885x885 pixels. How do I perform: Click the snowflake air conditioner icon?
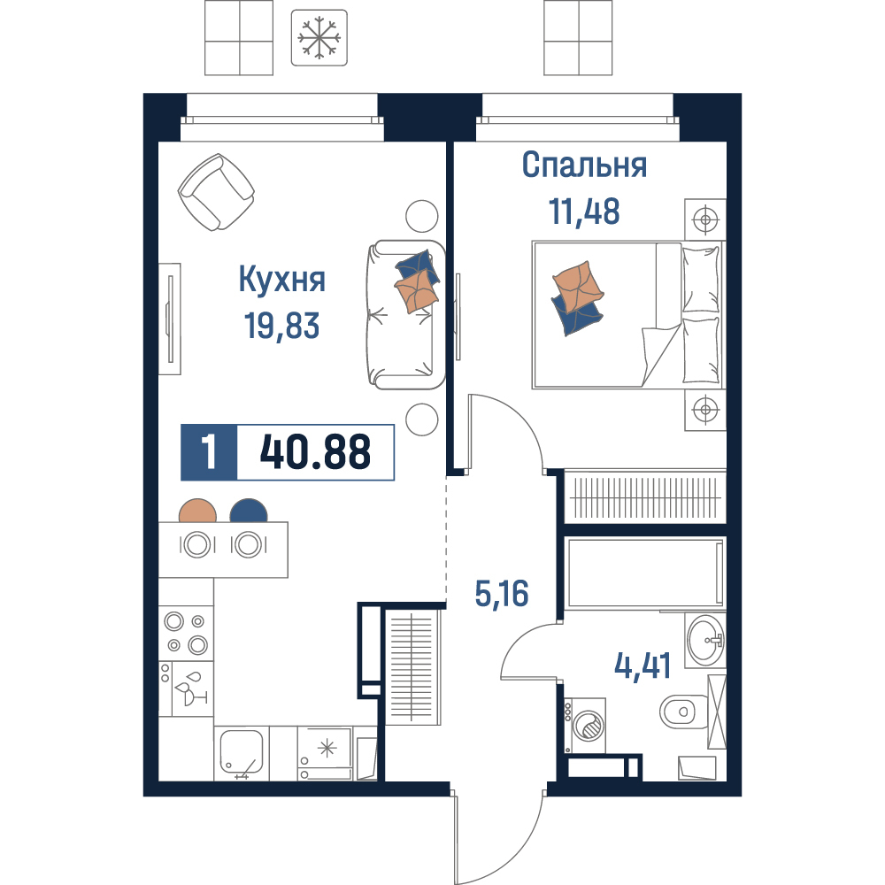[x=319, y=38]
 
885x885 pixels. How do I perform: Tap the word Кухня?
[x=282, y=279]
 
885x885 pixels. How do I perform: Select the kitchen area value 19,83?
[x=281, y=326]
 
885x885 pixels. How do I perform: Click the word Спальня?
[x=584, y=165]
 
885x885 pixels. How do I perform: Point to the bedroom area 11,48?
[x=584, y=212]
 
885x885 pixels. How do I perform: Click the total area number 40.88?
[x=315, y=452]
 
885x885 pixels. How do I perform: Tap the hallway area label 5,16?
[x=502, y=595]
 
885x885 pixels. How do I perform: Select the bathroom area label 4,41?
[x=643, y=666]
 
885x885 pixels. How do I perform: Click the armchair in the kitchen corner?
[x=216, y=192]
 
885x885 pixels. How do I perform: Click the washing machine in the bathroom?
[x=586, y=726]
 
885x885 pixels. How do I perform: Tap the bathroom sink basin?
[x=705, y=641]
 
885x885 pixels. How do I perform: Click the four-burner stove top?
[x=186, y=634]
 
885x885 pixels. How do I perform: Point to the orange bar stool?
[x=197, y=511]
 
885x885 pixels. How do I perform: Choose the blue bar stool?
[x=249, y=511]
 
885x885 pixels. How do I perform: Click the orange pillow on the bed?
[x=578, y=286]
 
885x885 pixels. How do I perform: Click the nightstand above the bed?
[x=705, y=219]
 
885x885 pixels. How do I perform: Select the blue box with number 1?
[x=209, y=452]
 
